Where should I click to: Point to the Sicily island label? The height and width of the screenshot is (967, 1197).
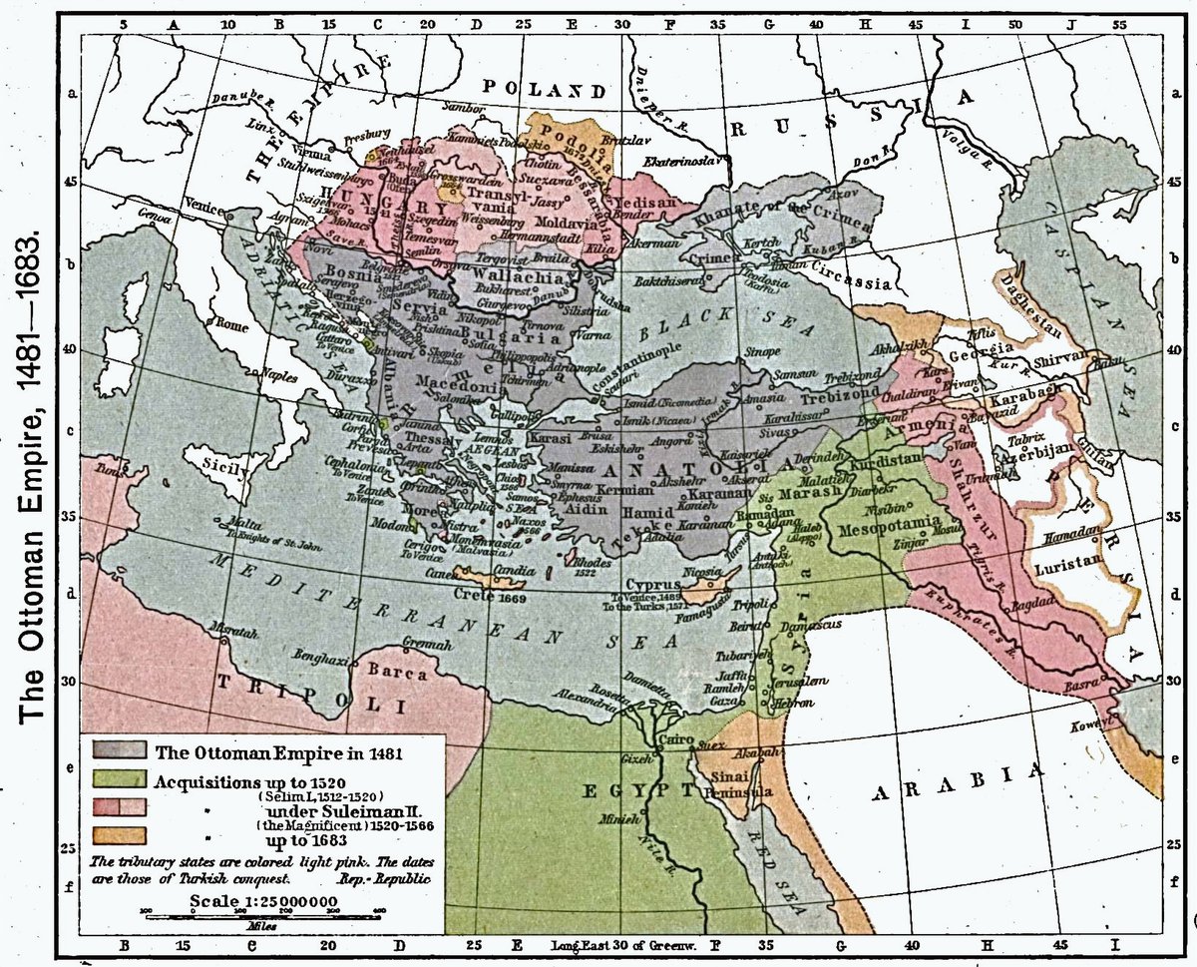(x=220, y=464)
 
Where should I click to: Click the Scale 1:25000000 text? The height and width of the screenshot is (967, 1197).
(x=262, y=901)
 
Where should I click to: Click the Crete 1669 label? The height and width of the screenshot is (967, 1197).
(x=496, y=596)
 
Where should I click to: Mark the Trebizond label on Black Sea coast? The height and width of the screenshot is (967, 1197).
(x=853, y=379)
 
